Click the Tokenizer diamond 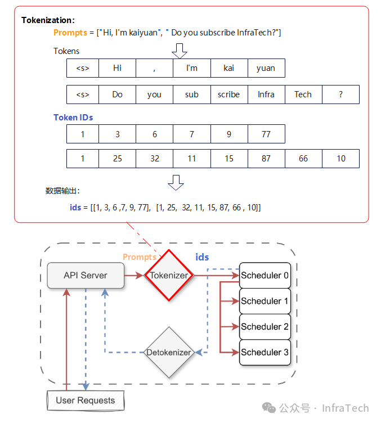(169, 275)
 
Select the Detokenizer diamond (169, 352)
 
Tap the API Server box (86, 276)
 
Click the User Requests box (86, 400)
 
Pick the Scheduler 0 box (265, 276)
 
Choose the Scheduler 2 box (265, 327)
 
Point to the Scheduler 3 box (265, 352)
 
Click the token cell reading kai (229, 68)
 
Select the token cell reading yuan (266, 68)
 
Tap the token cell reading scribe (229, 94)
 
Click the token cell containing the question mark (341, 94)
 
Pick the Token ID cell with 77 (266, 134)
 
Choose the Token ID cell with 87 (266, 159)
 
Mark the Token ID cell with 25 (118, 159)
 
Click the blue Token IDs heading (73, 118)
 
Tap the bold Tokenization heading (48, 20)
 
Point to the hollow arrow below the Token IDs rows (176, 183)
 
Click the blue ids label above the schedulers (202, 257)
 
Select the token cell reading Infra (266, 94)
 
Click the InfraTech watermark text (346, 408)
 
